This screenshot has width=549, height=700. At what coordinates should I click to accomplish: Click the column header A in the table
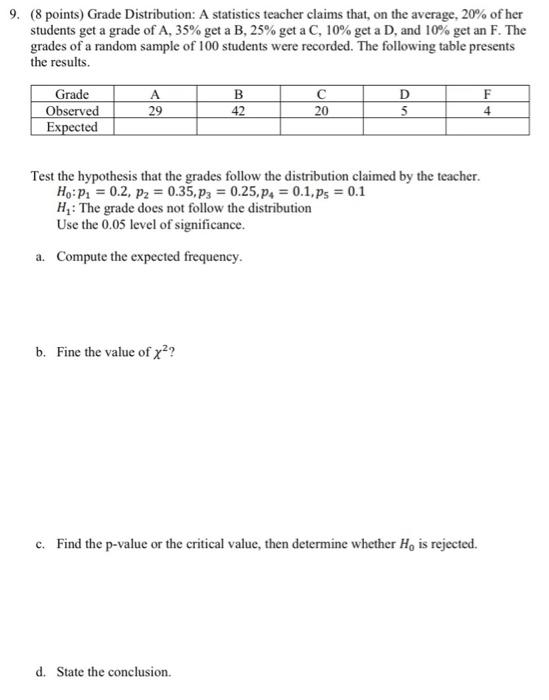153,96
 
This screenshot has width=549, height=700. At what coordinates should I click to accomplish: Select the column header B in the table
238,96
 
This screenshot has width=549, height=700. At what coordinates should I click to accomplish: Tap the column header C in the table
320,96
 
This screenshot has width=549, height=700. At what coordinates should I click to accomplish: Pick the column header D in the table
403,96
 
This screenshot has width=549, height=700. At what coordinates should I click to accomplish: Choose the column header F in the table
485,96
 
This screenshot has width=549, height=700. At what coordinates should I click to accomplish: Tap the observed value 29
153,112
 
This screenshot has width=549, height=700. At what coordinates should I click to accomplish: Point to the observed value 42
238,112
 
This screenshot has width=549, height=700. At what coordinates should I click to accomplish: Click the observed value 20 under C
320,112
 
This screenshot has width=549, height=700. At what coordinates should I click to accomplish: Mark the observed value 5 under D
403,112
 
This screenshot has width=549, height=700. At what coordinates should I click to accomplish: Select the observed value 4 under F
485,112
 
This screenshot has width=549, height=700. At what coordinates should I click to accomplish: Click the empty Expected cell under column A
153,128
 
